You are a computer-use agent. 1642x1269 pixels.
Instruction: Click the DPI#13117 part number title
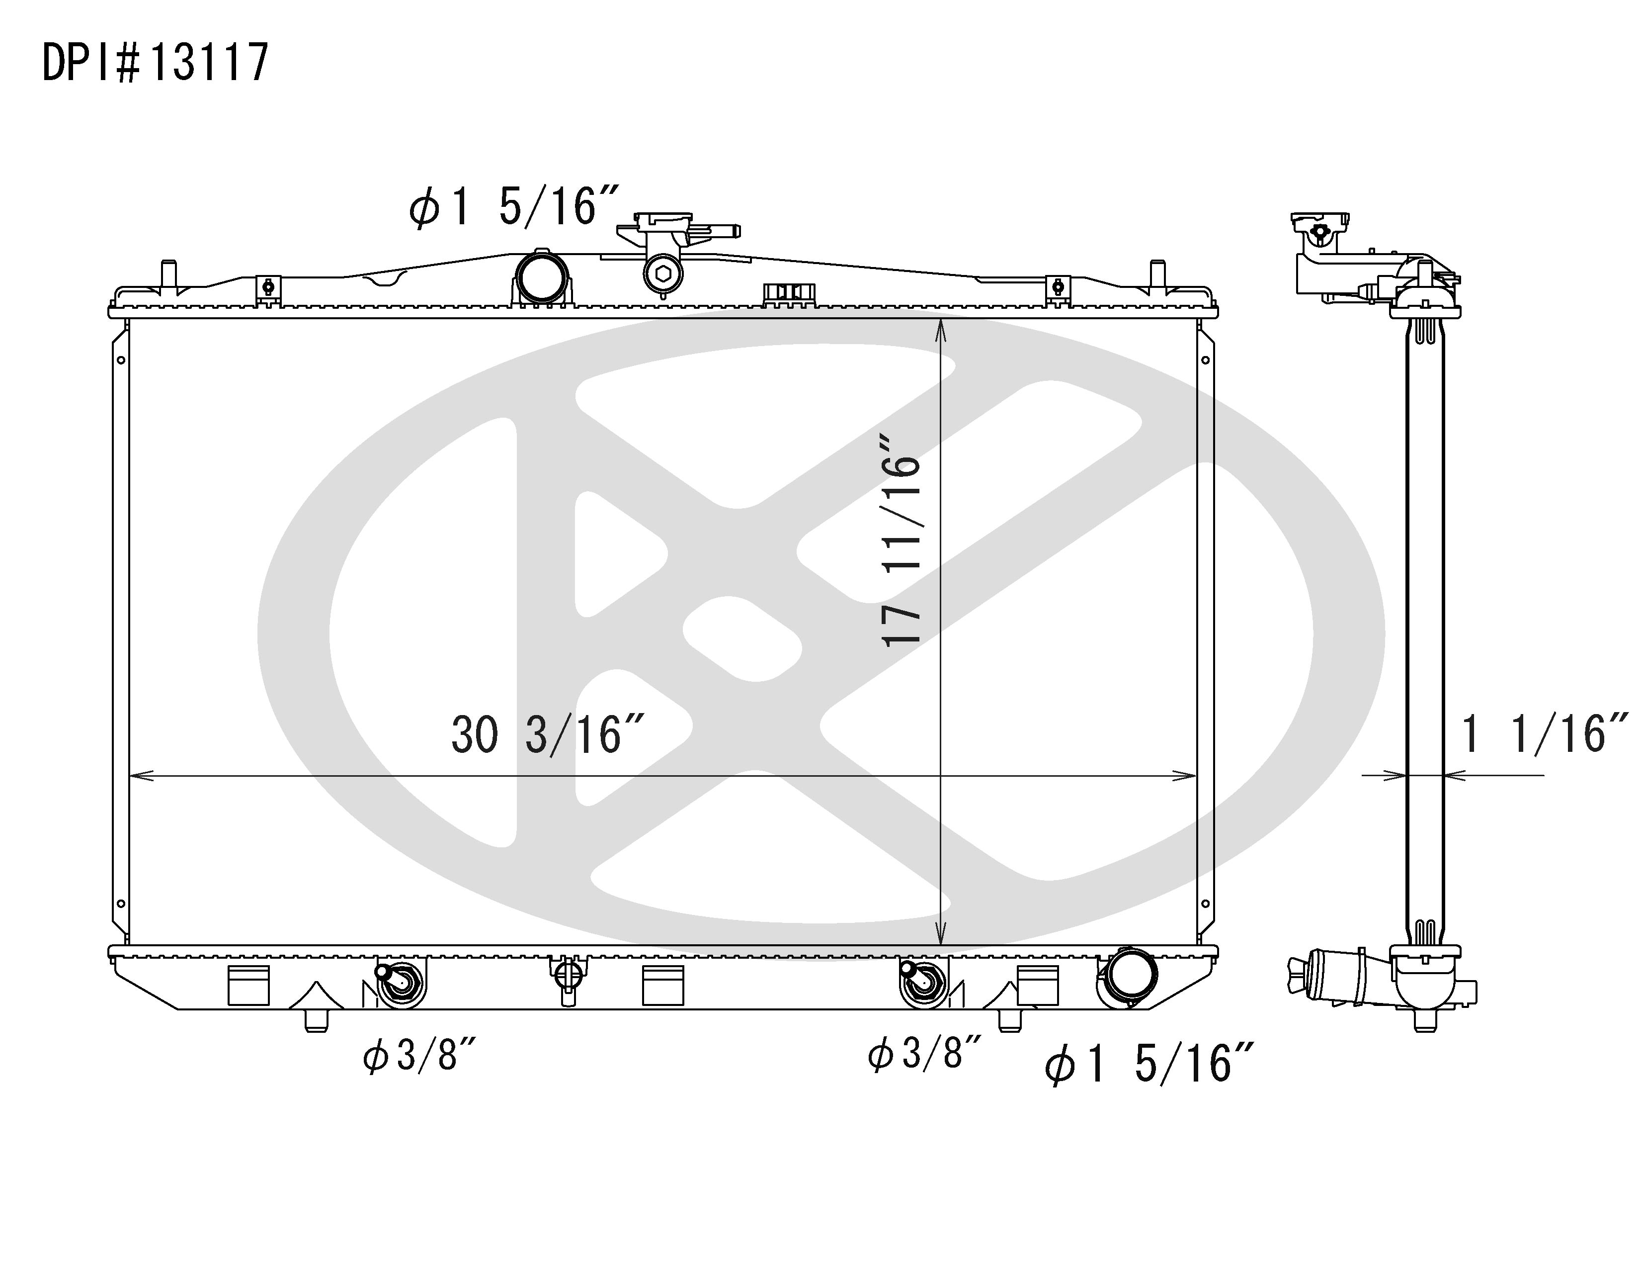[x=155, y=63]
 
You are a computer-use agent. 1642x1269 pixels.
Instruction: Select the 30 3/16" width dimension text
[x=547, y=735]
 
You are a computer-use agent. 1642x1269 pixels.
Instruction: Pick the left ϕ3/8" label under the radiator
[x=419, y=1055]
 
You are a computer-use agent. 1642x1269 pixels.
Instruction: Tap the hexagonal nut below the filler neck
[x=663, y=274]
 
